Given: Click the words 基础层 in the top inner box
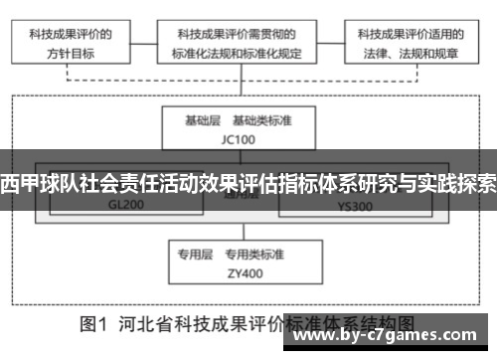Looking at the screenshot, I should click(203, 120).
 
